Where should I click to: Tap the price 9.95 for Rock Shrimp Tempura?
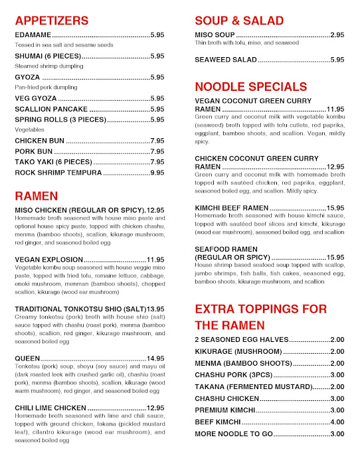[157, 173]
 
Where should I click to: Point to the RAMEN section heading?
[37, 196]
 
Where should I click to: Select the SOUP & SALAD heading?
[239, 20]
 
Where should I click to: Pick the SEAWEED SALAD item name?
[225, 60]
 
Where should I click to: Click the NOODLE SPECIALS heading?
[250, 86]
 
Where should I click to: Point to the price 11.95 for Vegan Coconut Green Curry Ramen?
[335, 109]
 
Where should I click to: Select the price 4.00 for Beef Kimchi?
[337, 422]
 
